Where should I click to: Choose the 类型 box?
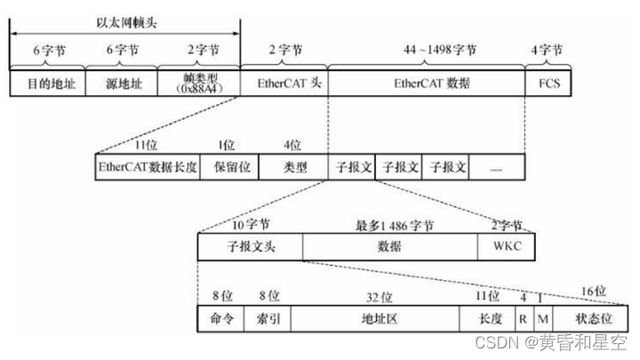(293, 167)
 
